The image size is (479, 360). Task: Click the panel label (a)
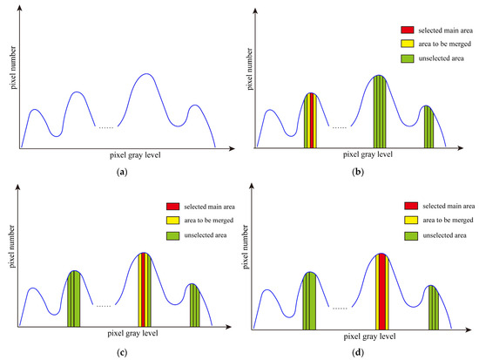point(121,172)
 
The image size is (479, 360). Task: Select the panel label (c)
point(121,353)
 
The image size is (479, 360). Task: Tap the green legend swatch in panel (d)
point(413,236)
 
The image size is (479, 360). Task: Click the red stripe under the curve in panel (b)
point(310,121)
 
